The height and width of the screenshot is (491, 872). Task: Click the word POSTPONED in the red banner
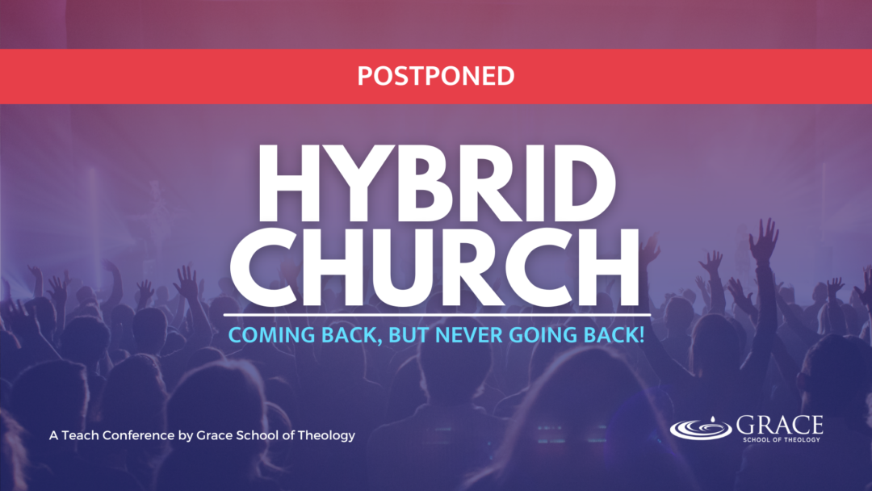(436, 76)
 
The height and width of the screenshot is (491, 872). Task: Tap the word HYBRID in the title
(437, 183)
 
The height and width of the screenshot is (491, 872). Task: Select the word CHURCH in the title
(435, 268)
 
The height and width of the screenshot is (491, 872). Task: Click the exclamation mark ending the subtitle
(641, 335)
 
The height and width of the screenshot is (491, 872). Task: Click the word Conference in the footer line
(139, 435)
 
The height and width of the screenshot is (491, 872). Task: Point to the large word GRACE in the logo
(780, 426)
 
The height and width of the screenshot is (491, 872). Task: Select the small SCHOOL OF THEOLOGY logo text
(782, 439)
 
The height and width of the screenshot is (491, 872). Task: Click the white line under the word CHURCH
(437, 315)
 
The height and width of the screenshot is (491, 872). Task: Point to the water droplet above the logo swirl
(712, 418)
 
